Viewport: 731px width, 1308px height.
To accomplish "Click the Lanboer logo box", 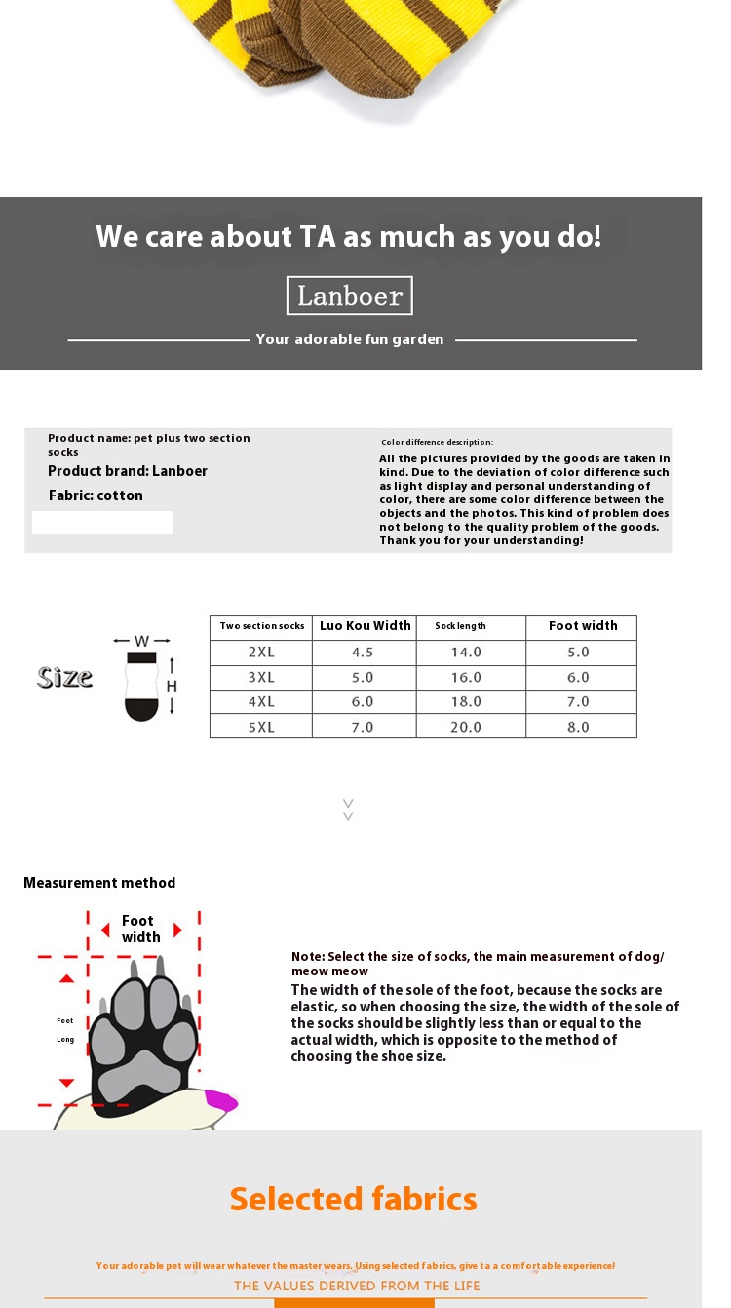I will [x=349, y=296].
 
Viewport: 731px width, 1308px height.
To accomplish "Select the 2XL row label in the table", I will [x=261, y=653].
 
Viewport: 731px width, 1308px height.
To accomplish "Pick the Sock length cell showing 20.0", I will [x=465, y=727].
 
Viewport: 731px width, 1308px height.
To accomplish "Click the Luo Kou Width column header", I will [x=365, y=626].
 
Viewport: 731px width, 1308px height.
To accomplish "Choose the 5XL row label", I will [x=261, y=727].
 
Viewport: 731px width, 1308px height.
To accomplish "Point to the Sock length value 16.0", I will [x=465, y=677].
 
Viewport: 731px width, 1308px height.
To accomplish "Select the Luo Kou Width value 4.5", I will [x=363, y=653].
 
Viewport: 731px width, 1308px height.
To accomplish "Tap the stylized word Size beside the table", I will [x=65, y=677].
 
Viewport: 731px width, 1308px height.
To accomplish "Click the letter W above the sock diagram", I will [x=142, y=641].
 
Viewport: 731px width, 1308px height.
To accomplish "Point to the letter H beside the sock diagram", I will [x=172, y=686].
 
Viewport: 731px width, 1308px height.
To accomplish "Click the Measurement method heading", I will [x=99, y=883].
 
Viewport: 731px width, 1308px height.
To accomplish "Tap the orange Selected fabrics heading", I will [x=354, y=1199].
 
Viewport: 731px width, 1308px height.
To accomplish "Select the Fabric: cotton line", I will [x=96, y=495].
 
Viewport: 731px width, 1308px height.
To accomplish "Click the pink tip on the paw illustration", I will [x=221, y=1101].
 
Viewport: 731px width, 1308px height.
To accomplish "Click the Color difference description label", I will [x=438, y=443].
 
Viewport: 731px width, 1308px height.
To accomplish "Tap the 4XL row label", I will [x=261, y=702].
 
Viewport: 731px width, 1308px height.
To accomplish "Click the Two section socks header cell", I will [x=262, y=626].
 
